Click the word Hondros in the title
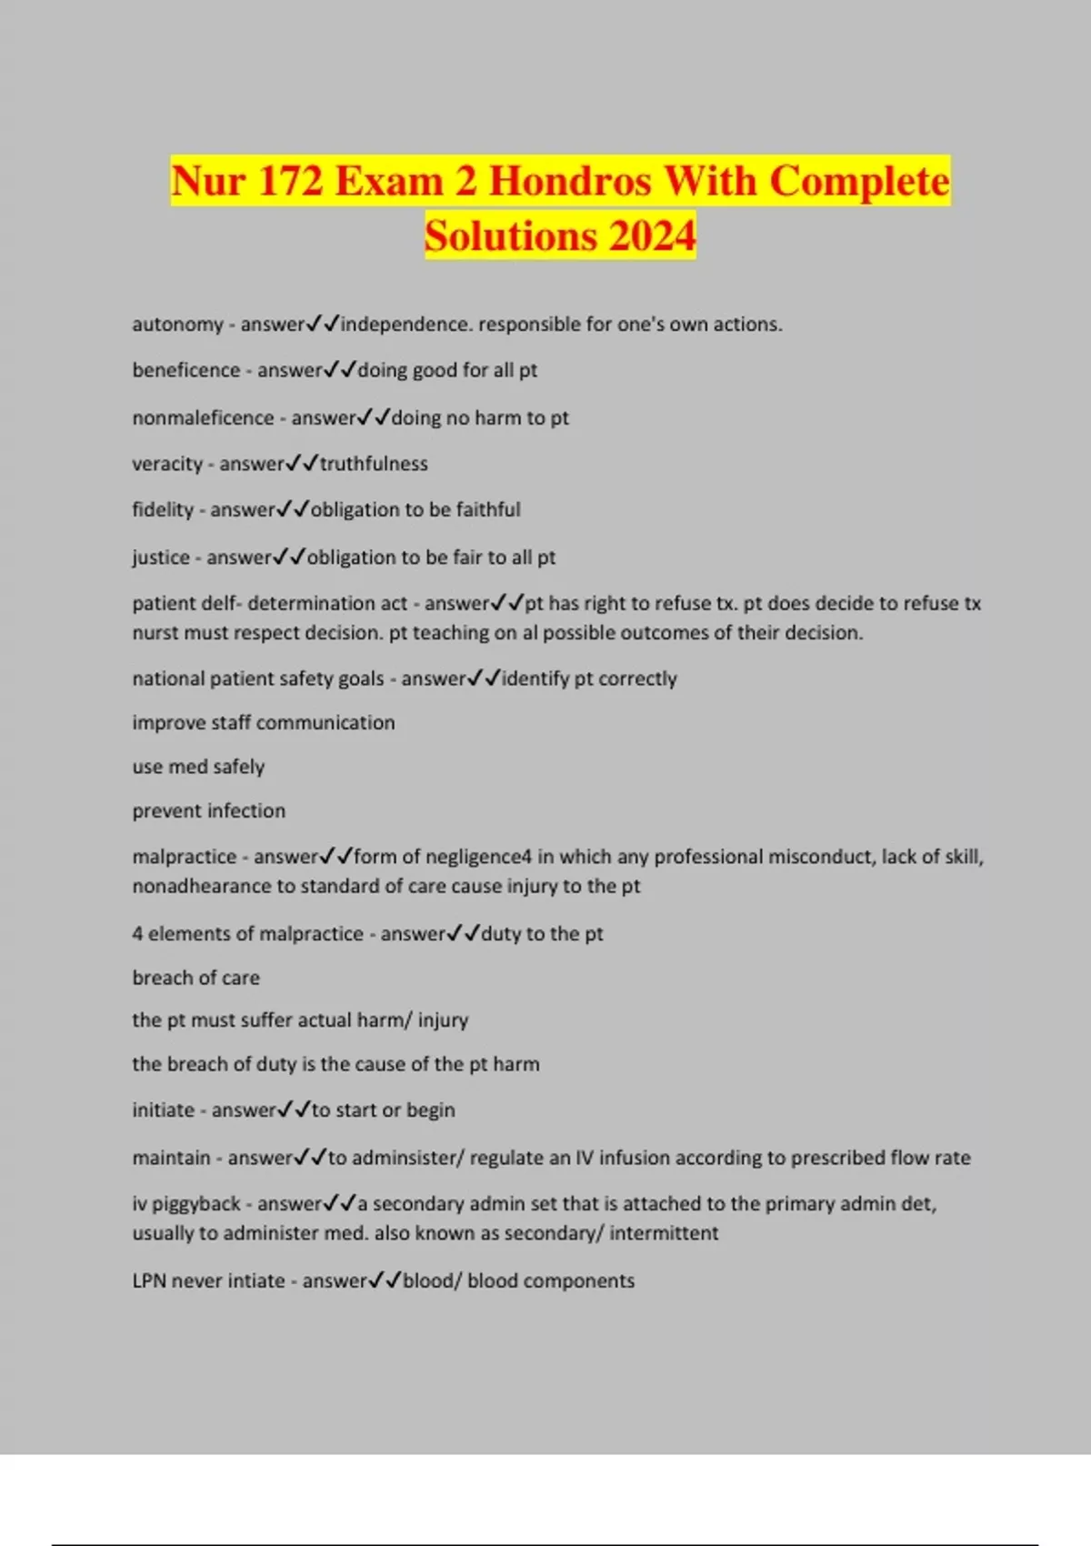[x=569, y=180]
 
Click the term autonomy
[x=177, y=325]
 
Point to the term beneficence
[x=185, y=370]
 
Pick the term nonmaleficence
[x=203, y=417]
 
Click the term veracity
[x=167, y=464]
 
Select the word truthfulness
[x=374, y=464]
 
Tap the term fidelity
[x=163, y=510]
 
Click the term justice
[x=161, y=557]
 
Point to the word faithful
[x=488, y=510]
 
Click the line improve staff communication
[x=264, y=723]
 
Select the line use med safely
[x=198, y=767]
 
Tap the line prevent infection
[x=209, y=811]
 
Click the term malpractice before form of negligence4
[x=185, y=857]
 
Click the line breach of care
[x=196, y=979]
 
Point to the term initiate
[x=164, y=1110]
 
